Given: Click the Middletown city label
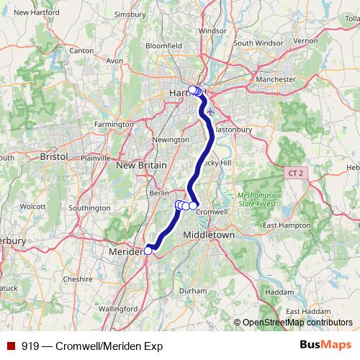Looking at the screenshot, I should point(210,235).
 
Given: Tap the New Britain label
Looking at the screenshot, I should point(141,166).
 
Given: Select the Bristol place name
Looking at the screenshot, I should point(53,156).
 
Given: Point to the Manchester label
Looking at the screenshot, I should point(276,79).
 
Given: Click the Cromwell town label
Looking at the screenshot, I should point(212,212).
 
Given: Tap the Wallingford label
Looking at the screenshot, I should point(118,308).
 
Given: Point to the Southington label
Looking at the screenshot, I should point(91,208).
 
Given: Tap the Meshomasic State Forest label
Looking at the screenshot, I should point(258,199).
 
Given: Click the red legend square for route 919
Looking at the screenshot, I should point(11,346).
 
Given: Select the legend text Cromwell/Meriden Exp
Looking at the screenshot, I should point(102,346).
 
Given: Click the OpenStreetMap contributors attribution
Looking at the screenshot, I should point(297,323).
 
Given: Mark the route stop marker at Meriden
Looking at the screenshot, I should point(148,251).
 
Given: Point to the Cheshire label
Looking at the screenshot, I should point(78,279).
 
